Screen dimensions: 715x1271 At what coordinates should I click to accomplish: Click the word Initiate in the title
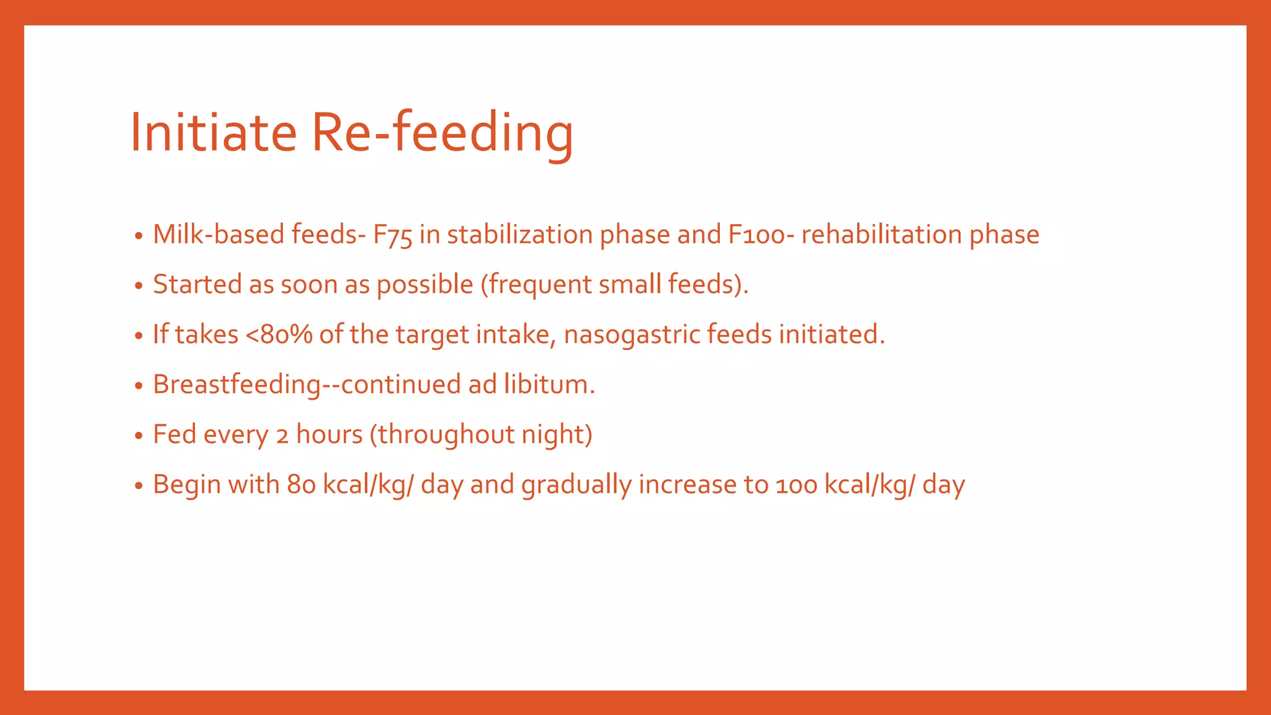coord(213,132)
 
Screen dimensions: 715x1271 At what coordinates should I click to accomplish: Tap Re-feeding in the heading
coord(442,132)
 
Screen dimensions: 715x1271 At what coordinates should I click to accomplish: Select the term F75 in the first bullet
coord(392,235)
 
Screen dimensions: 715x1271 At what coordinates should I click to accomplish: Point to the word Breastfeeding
coord(237,385)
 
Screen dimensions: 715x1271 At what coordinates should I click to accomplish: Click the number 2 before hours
coord(282,435)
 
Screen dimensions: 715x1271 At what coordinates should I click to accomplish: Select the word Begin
coord(187,485)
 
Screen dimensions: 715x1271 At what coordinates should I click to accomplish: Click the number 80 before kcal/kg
coord(302,485)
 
